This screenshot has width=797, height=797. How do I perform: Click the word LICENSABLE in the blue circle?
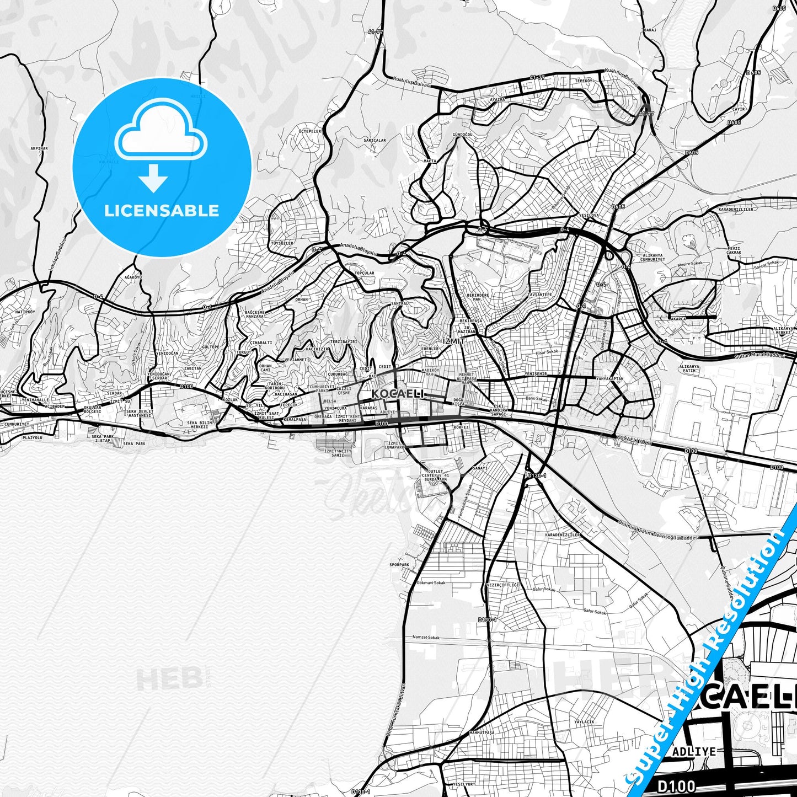coord(162,211)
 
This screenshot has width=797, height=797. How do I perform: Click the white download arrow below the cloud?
coord(153,178)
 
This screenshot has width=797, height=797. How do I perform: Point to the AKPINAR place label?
coord(40,148)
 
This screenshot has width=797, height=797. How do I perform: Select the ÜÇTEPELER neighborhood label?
coord(309,131)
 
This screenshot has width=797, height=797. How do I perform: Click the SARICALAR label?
coord(375,140)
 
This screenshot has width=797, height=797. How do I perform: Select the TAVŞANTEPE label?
coord(540,295)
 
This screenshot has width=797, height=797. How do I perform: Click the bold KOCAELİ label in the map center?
coord(398,394)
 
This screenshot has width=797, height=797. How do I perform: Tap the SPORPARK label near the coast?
coord(399,565)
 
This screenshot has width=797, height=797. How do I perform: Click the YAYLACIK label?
coord(584,722)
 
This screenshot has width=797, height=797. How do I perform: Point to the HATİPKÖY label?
coord(25,312)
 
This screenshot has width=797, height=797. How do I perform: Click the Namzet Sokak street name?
coord(426,638)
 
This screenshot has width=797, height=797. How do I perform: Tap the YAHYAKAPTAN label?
coord(610,379)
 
